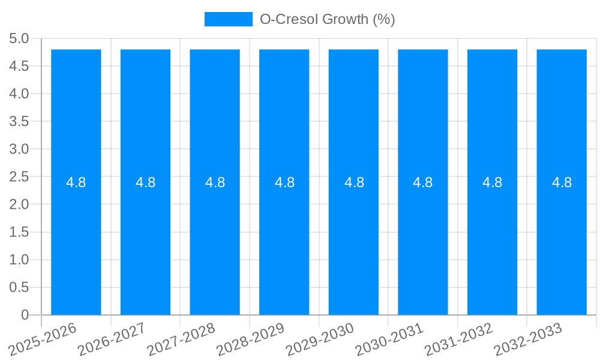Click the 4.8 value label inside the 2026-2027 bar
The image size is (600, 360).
tap(146, 183)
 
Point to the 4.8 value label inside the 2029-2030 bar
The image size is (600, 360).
tap(354, 183)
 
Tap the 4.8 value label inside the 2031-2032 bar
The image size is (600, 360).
tap(493, 183)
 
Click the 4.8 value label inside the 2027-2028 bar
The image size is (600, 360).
tap(215, 183)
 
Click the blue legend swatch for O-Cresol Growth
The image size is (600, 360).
tap(229, 19)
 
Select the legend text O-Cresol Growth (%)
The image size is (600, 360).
tap(327, 19)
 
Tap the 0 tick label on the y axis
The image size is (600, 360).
tap(25, 315)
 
